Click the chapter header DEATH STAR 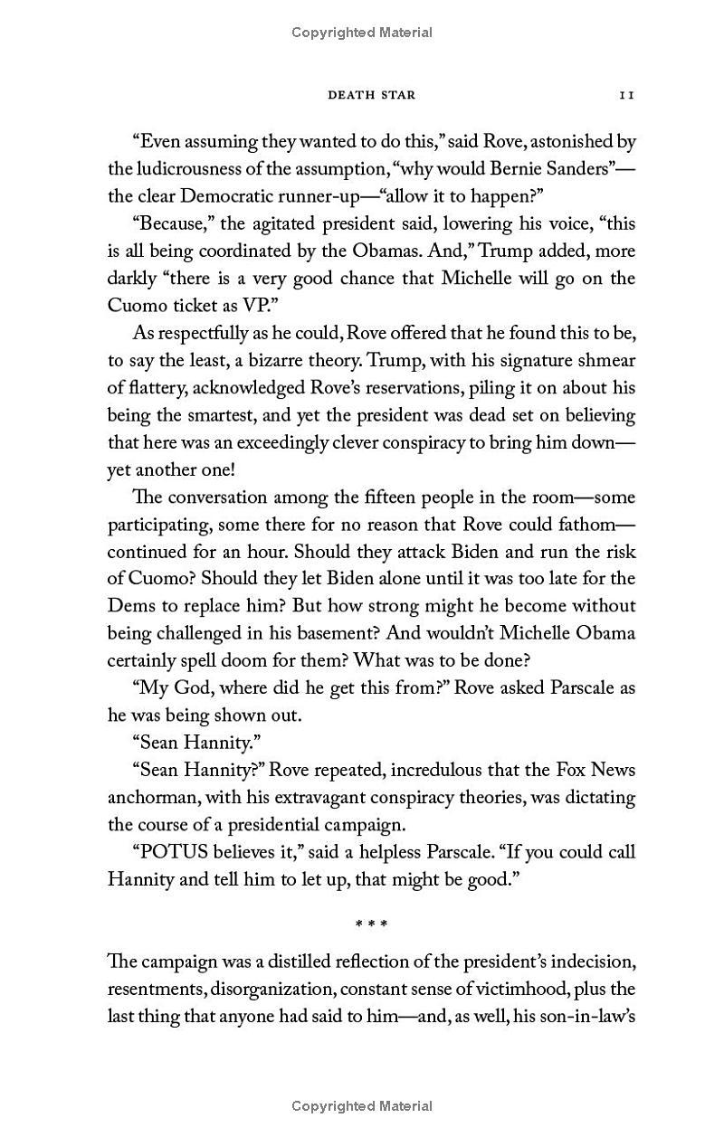[371, 95]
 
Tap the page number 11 [626, 95]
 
